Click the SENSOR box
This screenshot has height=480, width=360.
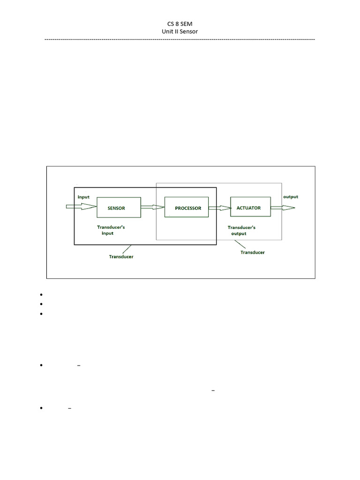(x=119, y=208)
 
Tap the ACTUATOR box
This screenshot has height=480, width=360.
(x=250, y=208)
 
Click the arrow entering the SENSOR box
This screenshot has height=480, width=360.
(x=81, y=207)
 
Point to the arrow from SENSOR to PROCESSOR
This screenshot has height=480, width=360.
(x=152, y=207)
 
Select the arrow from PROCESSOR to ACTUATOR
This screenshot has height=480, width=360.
(x=219, y=208)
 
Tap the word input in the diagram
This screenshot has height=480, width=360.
(x=83, y=197)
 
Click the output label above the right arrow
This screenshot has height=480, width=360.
(x=291, y=197)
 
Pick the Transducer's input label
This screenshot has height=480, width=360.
(x=111, y=230)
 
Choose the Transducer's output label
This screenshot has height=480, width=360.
(x=241, y=230)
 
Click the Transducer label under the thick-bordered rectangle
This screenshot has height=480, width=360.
(x=121, y=256)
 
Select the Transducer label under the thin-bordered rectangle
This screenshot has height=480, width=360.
(x=252, y=252)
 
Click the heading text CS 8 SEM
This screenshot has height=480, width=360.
(x=180, y=23)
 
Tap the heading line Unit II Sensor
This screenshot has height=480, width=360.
(x=180, y=31)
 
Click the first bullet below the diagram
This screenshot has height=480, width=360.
(x=42, y=295)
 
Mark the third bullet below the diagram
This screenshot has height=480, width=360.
(x=42, y=314)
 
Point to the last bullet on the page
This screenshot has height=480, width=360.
(x=42, y=409)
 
